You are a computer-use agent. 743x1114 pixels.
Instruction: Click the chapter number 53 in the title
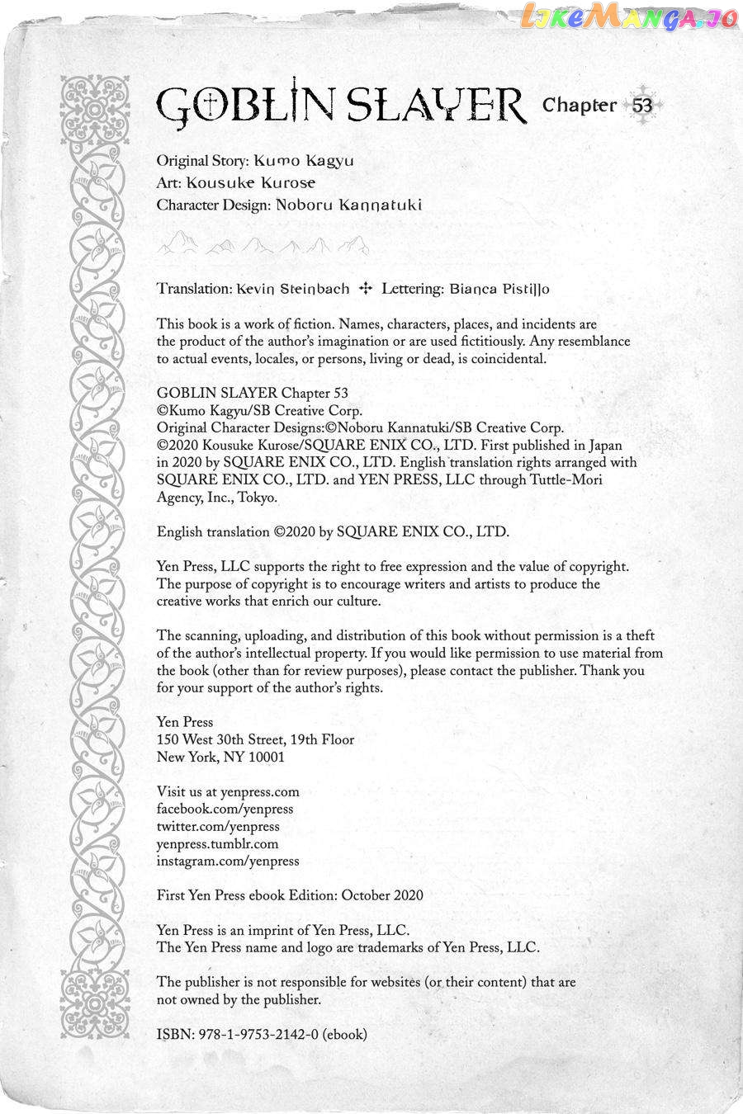[642, 106]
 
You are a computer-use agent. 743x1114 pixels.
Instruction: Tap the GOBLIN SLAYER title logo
[341, 106]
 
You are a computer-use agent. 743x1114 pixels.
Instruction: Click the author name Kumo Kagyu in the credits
[304, 160]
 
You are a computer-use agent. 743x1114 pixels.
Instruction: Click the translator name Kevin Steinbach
[293, 289]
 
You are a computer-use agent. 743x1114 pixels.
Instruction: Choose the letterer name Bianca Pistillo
[499, 289]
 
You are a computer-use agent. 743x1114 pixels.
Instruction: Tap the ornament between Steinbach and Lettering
[366, 289]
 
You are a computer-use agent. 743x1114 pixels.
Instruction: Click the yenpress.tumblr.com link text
[217, 844]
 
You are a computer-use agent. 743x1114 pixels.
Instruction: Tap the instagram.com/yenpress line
[228, 861]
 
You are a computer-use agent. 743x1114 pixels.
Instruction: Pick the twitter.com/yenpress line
[218, 827]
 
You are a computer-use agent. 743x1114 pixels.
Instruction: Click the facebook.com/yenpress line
[225, 810]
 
